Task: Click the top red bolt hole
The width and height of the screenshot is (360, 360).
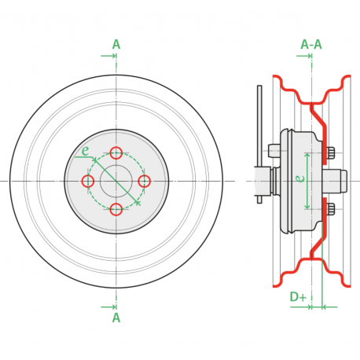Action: click(116, 152)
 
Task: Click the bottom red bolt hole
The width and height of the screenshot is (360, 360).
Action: click(116, 209)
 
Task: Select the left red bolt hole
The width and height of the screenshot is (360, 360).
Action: click(88, 181)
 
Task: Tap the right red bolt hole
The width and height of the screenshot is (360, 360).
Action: click(145, 181)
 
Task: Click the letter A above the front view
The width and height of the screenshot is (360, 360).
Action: click(116, 45)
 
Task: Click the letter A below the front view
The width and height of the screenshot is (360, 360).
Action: click(116, 318)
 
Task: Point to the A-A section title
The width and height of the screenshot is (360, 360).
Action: click(311, 45)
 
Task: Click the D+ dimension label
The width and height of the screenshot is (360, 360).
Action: click(298, 297)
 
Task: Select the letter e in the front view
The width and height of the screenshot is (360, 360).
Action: click(86, 151)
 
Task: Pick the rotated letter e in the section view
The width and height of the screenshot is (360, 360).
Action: click(299, 178)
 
